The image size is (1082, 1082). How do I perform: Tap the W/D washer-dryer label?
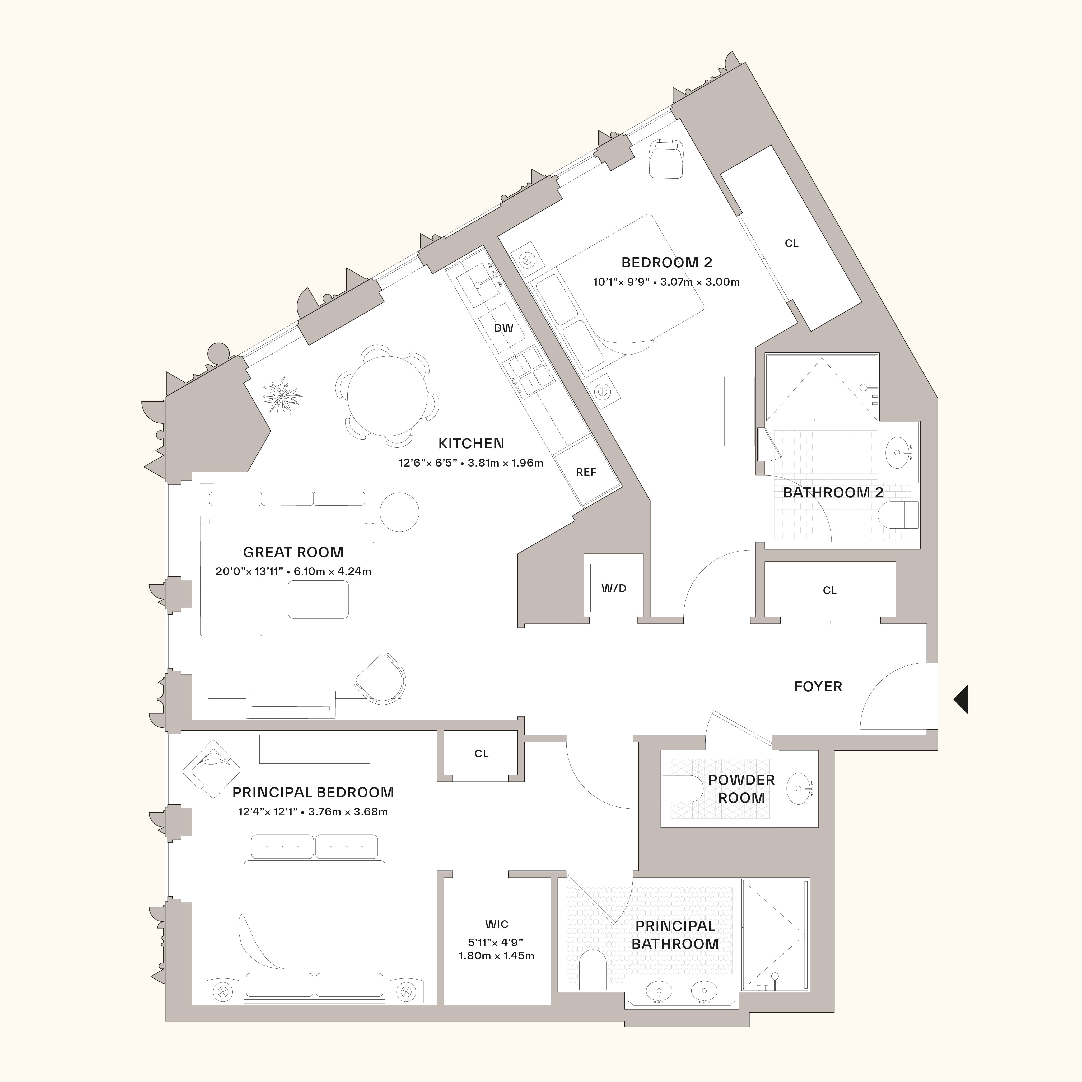tap(614, 588)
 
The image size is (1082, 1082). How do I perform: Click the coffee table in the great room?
tap(318, 599)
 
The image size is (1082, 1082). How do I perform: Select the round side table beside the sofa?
tap(399, 512)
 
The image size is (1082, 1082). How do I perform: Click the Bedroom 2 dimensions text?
tap(666, 282)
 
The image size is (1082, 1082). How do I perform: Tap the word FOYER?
tap(818, 687)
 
